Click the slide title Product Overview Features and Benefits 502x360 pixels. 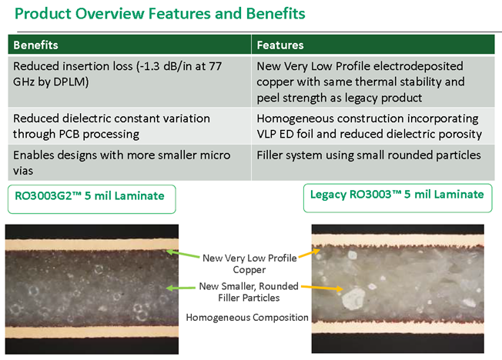[159, 14]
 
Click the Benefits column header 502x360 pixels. [35, 45]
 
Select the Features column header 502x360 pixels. [280, 45]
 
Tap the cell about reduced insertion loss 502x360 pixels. [129, 82]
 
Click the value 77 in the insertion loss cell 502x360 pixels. [215, 66]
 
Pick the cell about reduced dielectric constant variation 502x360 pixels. [129, 126]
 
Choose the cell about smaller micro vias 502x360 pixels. [129, 162]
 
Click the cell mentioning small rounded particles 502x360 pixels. [373, 162]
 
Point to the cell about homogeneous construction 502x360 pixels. [373, 126]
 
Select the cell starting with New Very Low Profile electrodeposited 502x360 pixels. [373, 82]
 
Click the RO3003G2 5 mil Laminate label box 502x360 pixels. [92, 199]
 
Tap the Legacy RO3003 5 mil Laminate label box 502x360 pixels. [397, 198]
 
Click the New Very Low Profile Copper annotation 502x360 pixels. [249, 264]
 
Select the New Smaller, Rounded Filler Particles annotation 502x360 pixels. [249, 292]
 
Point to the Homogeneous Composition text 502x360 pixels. [247, 318]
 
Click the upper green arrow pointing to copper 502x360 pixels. [183, 254]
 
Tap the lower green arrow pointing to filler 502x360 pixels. [181, 288]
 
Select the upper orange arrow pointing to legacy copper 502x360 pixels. [310, 253]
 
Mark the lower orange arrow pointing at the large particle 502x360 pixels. [322, 288]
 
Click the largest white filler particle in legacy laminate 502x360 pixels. [353, 298]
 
